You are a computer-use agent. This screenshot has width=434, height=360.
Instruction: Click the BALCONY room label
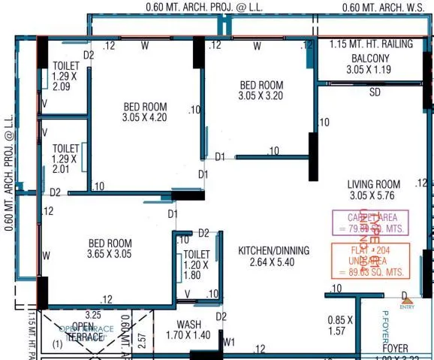371,59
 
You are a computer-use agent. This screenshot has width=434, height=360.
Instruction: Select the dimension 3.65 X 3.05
110,255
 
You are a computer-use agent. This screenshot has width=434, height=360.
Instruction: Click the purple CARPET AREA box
370,222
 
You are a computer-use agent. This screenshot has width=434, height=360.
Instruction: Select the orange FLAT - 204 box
371,261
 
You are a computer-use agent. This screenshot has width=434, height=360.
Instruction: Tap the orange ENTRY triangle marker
408,299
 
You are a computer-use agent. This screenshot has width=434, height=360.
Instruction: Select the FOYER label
395,349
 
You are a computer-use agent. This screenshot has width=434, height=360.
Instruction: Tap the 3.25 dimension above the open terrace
94,315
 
